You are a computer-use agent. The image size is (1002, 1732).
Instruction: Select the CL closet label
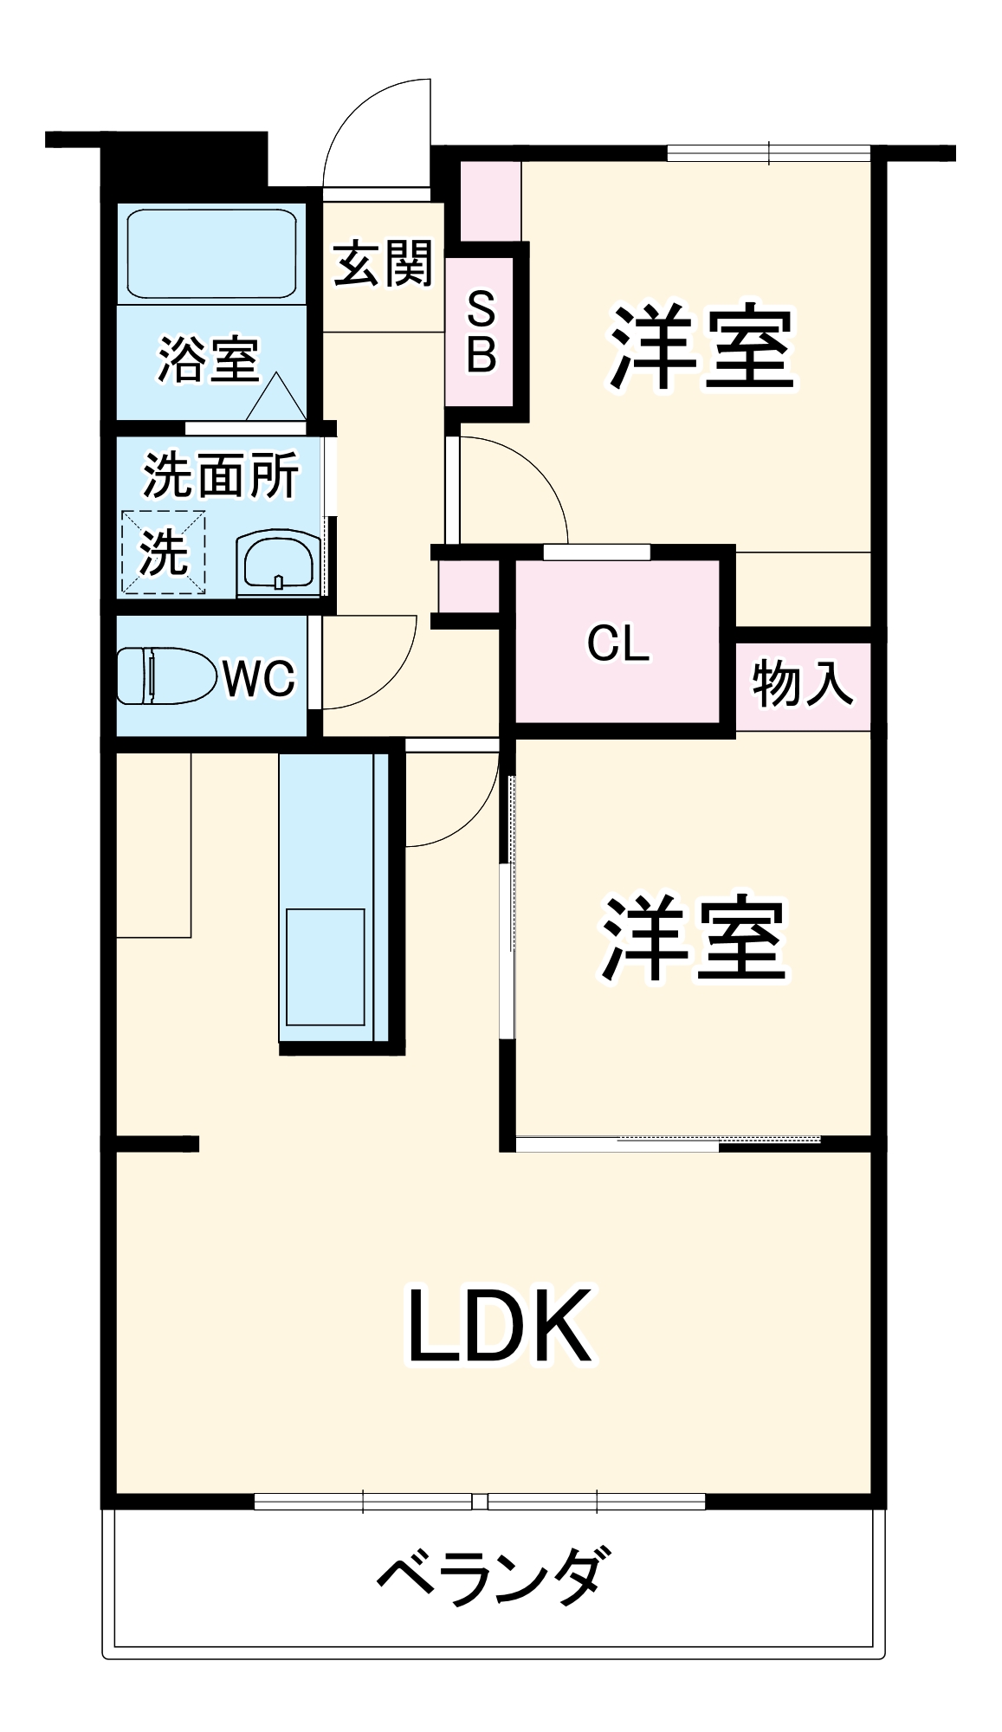coord(617,643)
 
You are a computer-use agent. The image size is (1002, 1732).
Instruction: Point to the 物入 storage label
coord(803,683)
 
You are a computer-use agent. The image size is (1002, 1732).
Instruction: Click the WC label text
coord(259,678)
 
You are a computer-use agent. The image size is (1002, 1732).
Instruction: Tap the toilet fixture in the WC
coord(167,675)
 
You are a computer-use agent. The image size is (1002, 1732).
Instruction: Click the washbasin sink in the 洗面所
coord(279,565)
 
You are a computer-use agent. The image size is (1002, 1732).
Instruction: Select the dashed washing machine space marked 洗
coord(163,552)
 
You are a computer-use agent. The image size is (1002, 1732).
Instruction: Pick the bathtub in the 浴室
coord(212,255)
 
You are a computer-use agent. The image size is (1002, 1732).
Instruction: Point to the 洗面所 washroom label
coord(221,475)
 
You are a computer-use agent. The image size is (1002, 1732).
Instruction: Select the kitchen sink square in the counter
coord(325,967)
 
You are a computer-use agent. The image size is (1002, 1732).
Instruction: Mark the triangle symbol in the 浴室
coord(276,398)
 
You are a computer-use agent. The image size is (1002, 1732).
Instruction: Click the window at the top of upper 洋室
coord(768,153)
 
